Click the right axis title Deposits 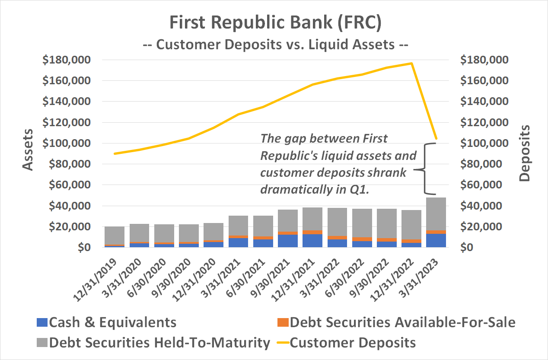pyautogui.click(x=525, y=153)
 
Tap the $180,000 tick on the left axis pyautogui.click(x=66, y=60)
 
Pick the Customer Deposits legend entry pyautogui.click(x=352, y=343)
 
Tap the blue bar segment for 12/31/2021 pyautogui.click(x=312, y=241)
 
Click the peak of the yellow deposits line pyautogui.click(x=411, y=64)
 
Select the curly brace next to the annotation pyautogui.click(x=425, y=169)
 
